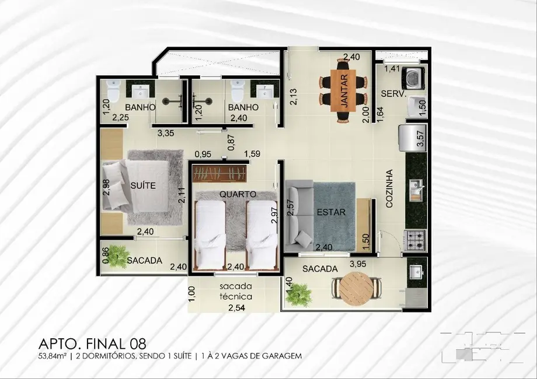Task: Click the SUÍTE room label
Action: pyautogui.click(x=143, y=185)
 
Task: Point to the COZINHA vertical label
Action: pyautogui.click(x=389, y=189)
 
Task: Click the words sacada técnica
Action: pyautogui.click(x=236, y=292)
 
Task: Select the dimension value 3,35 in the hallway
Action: pyautogui.click(x=166, y=134)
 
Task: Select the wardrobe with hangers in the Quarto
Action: pyautogui.click(x=220, y=174)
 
